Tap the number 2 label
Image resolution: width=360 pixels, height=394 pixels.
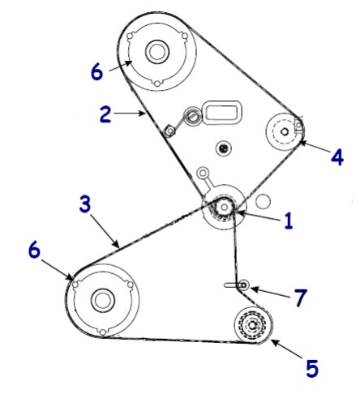105,114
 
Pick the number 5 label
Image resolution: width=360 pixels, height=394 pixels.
311,368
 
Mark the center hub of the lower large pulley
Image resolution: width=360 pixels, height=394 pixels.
102,300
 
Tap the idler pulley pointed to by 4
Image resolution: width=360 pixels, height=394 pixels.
285,128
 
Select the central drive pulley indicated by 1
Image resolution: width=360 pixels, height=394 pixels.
221,210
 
